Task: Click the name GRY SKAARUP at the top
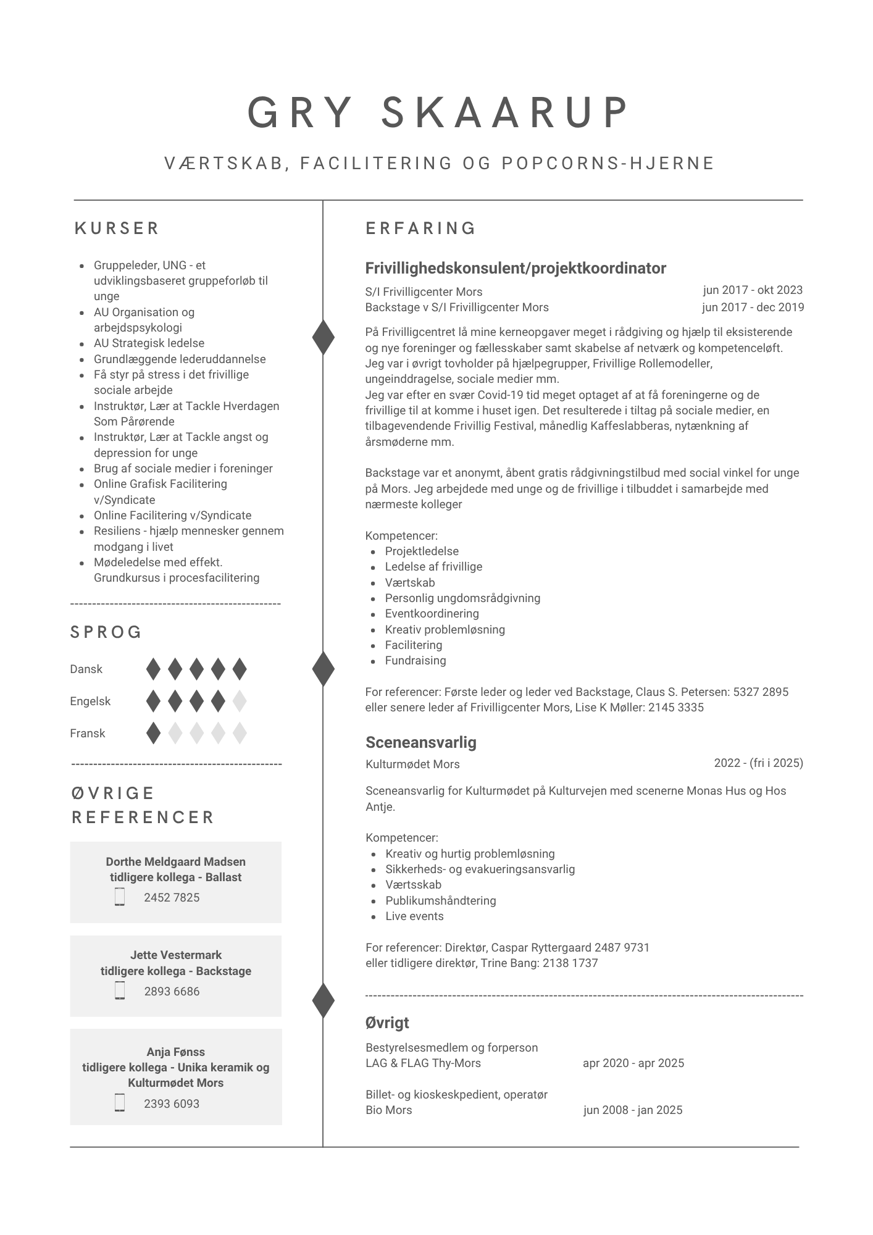point(437,112)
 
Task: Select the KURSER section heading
point(117,228)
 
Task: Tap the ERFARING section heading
point(420,228)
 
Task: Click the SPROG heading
point(106,632)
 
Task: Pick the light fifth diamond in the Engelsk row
point(240,701)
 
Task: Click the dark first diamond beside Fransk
point(153,733)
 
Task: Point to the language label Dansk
point(86,669)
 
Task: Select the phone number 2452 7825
point(172,897)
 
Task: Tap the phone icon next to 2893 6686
point(120,990)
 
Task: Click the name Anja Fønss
point(176,1052)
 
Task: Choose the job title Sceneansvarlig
point(420,742)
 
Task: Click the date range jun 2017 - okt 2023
point(753,290)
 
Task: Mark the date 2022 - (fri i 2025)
point(758,763)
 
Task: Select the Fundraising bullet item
point(415,661)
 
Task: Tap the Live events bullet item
point(414,916)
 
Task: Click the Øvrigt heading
point(387,1023)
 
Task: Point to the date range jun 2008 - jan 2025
point(633,1110)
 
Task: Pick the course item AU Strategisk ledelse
point(149,343)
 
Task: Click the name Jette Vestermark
point(176,955)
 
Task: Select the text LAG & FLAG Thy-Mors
point(423,1063)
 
